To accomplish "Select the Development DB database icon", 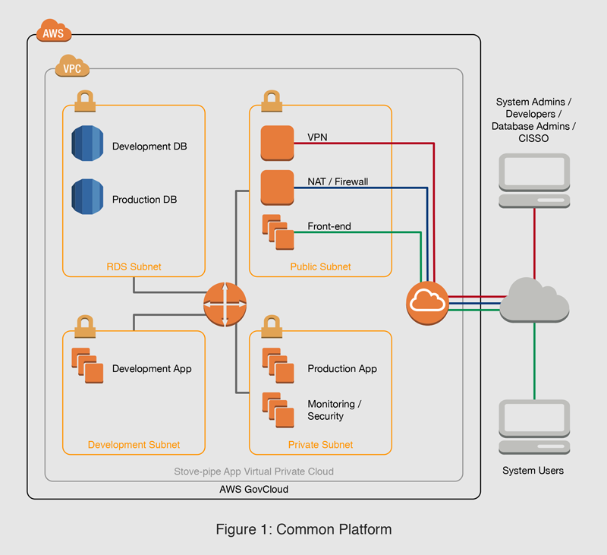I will tap(86, 144).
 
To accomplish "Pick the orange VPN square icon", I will tap(277, 143).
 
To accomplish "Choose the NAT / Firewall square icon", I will tap(277, 187).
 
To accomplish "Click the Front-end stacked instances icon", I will tap(278, 232).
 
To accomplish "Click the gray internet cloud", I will tap(536, 299).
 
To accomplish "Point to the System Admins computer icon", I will tap(535, 180).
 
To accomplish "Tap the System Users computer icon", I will tap(535, 427).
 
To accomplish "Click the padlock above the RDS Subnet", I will tap(85, 100).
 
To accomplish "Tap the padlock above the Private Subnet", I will tap(272, 325).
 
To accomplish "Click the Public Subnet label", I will tap(320, 266).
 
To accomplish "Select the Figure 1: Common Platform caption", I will tap(303, 529).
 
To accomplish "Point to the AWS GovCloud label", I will tap(253, 490).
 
